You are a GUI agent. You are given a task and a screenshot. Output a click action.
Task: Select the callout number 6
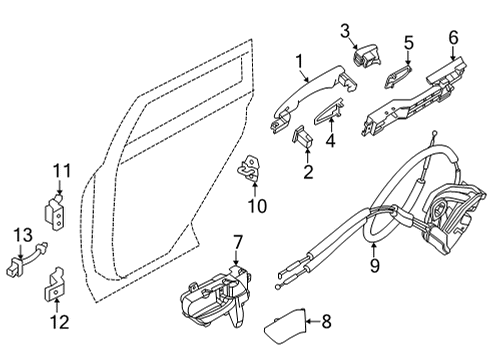[x=452, y=39]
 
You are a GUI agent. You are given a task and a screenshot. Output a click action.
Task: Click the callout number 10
[x=257, y=208]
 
